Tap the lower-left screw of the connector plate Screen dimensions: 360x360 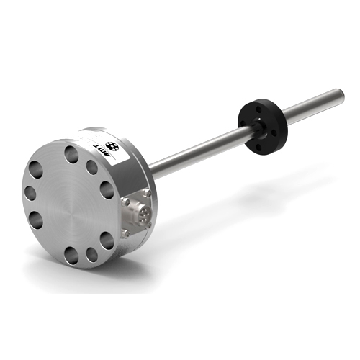125,233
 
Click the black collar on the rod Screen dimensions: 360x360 263,126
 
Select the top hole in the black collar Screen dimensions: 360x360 259,109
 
